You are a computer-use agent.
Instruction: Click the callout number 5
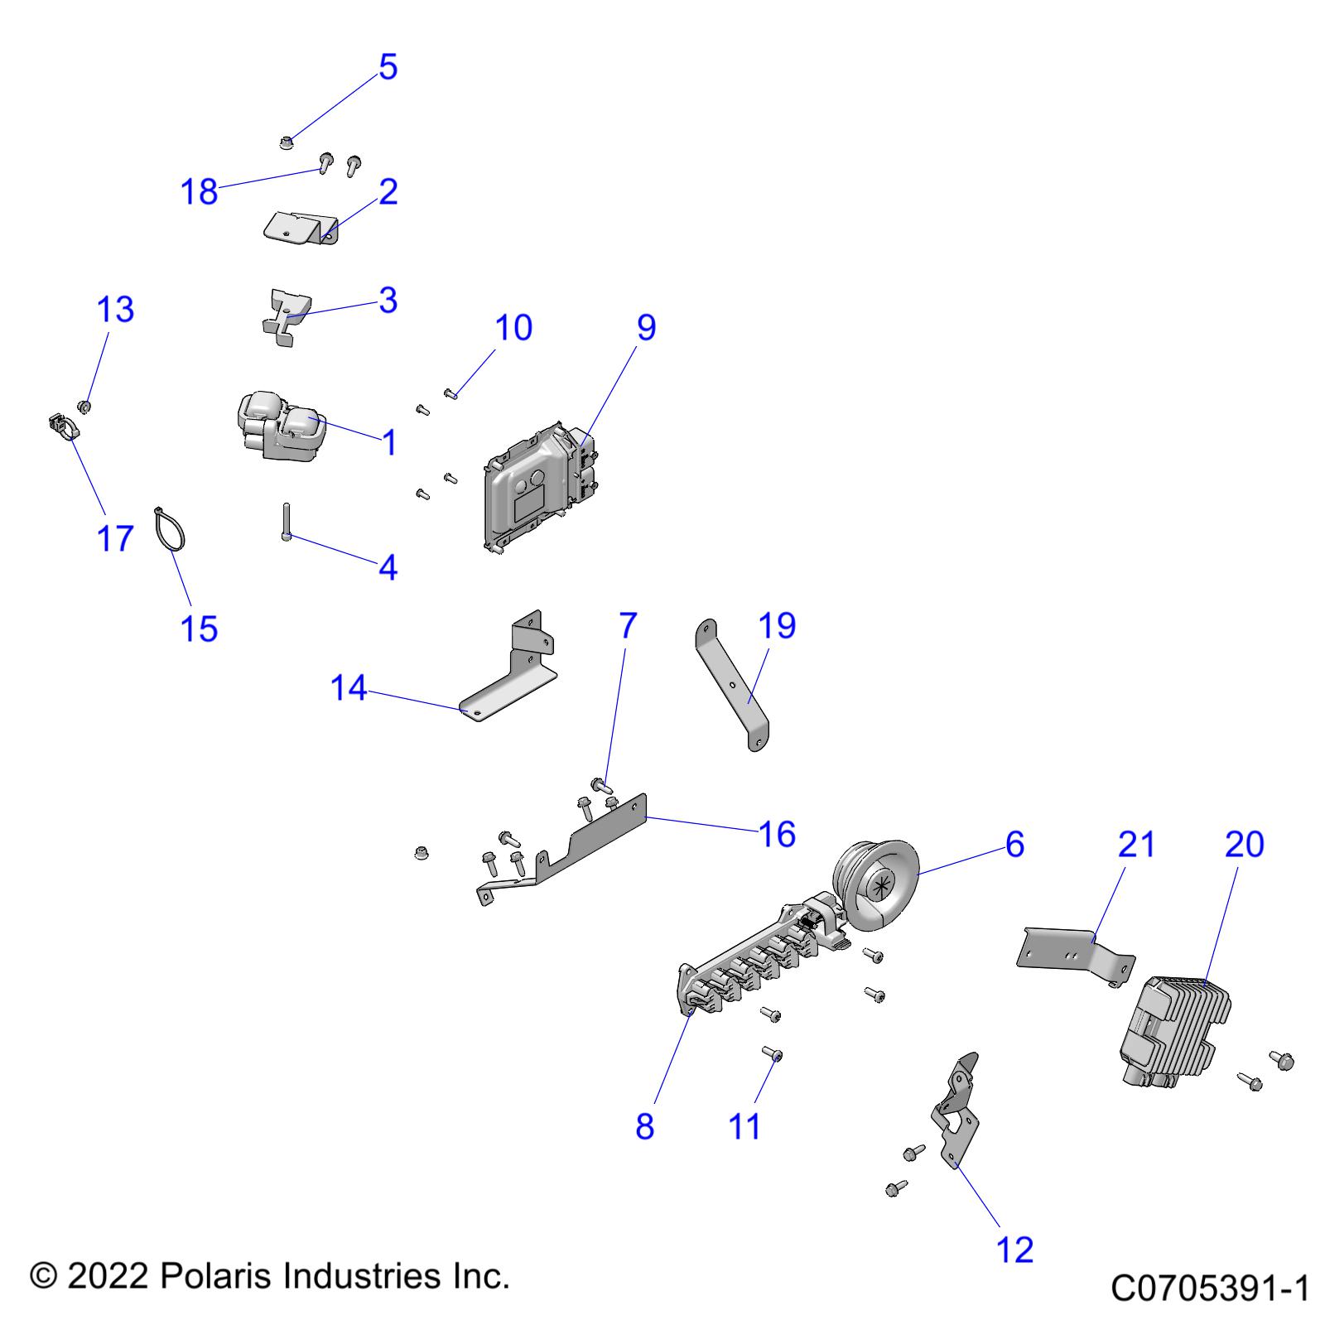[388, 66]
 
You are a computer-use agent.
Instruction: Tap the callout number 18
[199, 191]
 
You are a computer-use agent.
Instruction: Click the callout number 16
[777, 833]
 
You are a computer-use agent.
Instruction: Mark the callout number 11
[744, 1125]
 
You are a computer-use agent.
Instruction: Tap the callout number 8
[645, 1125]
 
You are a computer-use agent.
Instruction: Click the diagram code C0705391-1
[1209, 1289]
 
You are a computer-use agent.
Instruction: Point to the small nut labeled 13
[84, 406]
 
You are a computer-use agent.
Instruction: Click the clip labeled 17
[60, 427]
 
